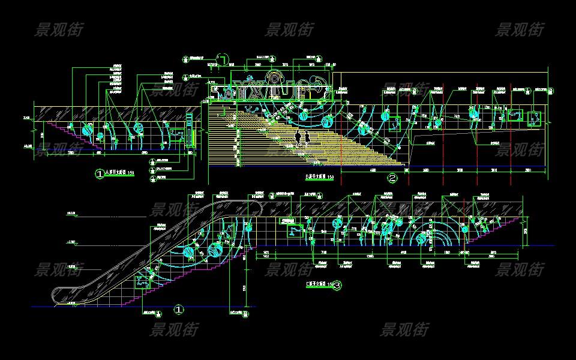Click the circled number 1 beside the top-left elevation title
tap(100, 174)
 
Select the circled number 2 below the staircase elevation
tap(392, 178)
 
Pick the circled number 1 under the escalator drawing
tap(178, 310)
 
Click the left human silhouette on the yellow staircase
tap(298, 139)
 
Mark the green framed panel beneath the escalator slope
tap(143, 280)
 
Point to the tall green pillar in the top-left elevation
tap(190, 131)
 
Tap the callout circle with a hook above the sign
tap(222, 60)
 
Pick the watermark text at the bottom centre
tap(405, 329)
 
